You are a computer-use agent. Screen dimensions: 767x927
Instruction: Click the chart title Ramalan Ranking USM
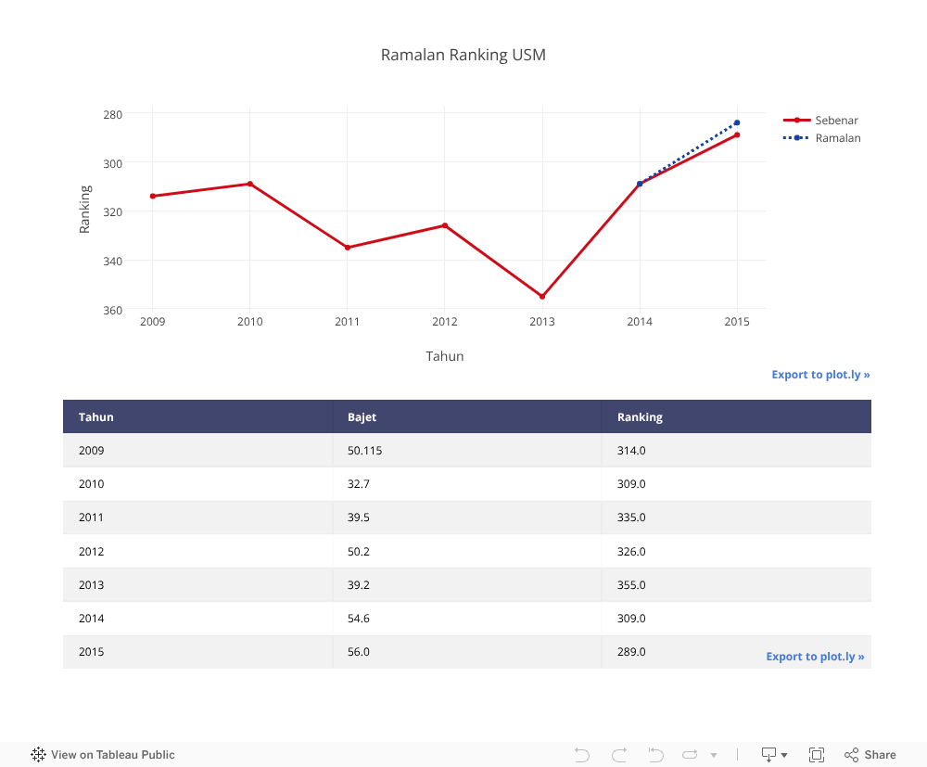click(x=463, y=55)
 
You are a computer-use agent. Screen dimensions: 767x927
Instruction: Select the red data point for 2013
click(x=542, y=297)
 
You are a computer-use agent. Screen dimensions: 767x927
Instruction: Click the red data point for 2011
click(x=348, y=248)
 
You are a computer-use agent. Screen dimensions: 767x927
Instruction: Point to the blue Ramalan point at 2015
click(x=737, y=122)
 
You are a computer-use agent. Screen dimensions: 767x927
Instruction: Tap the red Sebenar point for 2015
click(x=737, y=135)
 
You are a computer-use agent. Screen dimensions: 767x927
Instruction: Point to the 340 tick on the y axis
click(x=112, y=261)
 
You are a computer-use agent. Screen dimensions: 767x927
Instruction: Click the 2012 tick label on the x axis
click(x=444, y=322)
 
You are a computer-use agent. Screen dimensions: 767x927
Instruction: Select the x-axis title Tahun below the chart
click(x=445, y=356)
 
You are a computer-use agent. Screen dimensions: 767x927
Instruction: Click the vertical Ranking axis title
click(x=85, y=209)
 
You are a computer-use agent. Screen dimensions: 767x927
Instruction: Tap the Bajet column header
click(x=362, y=417)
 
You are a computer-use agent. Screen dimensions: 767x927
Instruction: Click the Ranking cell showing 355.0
click(x=631, y=585)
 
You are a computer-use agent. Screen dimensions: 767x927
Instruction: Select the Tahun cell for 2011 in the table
click(x=92, y=518)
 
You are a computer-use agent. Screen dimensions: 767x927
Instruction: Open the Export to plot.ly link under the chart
click(x=820, y=375)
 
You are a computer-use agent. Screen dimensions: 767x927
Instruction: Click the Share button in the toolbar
click(x=870, y=755)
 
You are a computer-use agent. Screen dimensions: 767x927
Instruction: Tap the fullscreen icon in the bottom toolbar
click(x=817, y=755)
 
